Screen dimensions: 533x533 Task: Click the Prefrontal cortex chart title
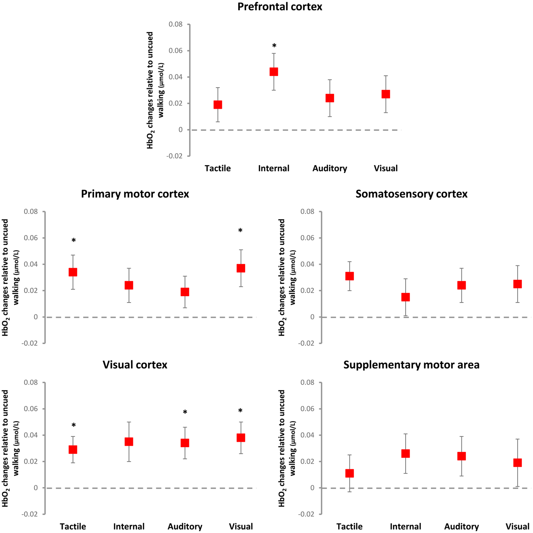tap(280, 7)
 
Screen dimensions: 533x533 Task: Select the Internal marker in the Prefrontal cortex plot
tap(274, 72)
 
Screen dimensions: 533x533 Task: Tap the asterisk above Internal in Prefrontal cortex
tap(274, 46)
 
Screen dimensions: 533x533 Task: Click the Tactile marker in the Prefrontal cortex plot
tap(218, 105)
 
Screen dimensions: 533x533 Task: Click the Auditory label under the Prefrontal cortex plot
tap(330, 168)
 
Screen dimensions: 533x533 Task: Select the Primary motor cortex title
tap(135, 194)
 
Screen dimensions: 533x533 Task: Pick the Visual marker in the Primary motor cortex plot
tap(241, 268)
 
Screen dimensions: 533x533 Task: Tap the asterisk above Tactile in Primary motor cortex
tap(73, 240)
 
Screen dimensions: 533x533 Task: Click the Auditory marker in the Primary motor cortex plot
tap(185, 292)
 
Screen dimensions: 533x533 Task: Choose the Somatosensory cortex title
tap(411, 194)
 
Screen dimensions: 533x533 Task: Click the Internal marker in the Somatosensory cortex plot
tap(405, 297)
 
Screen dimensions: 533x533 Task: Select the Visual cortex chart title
tap(135, 365)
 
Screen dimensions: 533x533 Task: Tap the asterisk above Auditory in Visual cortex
tap(185, 412)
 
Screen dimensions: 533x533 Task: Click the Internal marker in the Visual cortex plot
tap(129, 442)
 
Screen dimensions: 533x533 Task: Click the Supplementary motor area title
tap(411, 365)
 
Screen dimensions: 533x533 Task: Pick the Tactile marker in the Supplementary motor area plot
tap(350, 473)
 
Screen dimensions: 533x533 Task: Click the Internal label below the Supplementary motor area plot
tap(405, 527)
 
